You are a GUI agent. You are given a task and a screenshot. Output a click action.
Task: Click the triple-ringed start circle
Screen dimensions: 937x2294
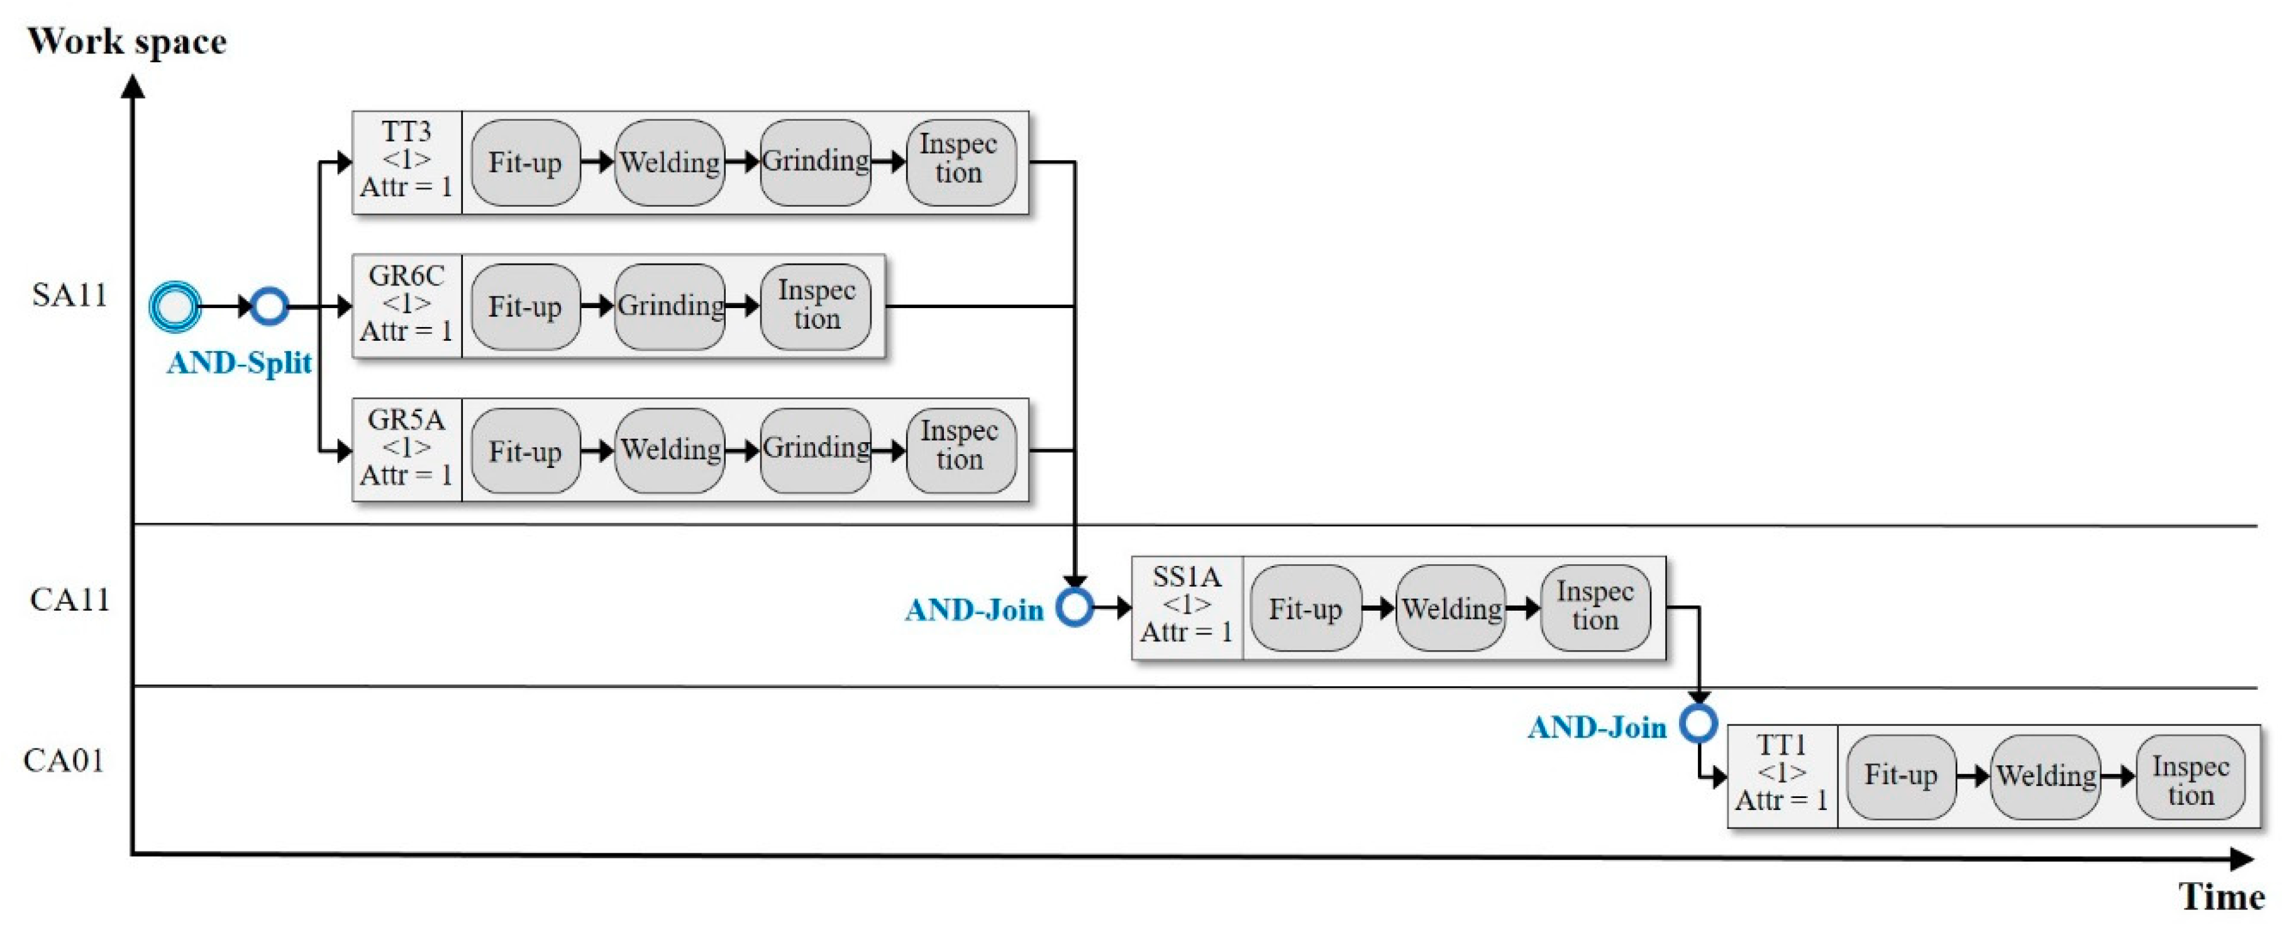pyautogui.click(x=175, y=306)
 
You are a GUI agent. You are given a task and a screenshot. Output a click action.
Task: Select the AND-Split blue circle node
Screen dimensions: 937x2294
pyautogui.click(x=269, y=306)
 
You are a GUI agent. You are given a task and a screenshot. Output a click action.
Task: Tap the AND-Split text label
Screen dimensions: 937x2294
pyautogui.click(x=239, y=362)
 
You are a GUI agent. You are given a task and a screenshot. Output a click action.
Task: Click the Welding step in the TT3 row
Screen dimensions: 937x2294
pyautogui.click(x=670, y=163)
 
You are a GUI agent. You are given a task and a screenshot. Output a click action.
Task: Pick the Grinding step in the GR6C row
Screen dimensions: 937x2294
pyautogui.click(x=670, y=306)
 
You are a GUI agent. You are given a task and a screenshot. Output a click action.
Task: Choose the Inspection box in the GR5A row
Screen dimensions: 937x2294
pyautogui.click(x=960, y=450)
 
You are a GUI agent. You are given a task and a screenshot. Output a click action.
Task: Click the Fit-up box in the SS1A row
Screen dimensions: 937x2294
pyautogui.click(x=1305, y=608)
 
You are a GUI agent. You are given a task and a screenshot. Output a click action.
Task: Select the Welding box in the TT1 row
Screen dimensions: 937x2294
pyautogui.click(x=2046, y=776)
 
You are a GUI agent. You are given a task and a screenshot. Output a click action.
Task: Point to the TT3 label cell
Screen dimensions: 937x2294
pyautogui.click(x=407, y=161)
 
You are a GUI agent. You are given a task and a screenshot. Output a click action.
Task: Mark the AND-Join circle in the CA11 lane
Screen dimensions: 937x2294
pyautogui.click(x=1075, y=607)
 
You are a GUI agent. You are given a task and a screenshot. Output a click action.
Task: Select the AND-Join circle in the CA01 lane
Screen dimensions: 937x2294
pyautogui.click(x=1698, y=723)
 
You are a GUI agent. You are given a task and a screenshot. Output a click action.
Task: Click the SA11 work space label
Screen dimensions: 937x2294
pyautogui.click(x=69, y=295)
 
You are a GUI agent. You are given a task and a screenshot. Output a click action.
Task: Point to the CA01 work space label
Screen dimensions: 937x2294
pyautogui.click(x=64, y=761)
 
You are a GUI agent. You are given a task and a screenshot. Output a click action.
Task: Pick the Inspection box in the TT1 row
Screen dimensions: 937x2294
pyautogui.click(x=2190, y=777)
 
